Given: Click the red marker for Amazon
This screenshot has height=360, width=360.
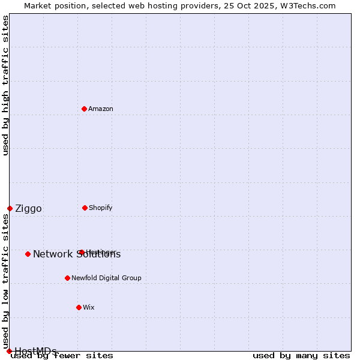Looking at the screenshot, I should click(x=84, y=109).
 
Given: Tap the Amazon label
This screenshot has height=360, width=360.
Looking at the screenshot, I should click(x=101, y=109).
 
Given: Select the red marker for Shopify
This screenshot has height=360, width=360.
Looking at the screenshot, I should click(x=85, y=208).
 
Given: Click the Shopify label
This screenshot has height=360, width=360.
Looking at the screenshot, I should click(x=101, y=208).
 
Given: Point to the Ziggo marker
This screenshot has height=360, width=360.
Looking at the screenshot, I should click(x=10, y=208).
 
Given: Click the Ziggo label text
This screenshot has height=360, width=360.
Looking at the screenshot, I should click(x=28, y=209).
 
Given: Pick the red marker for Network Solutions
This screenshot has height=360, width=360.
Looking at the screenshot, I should click(x=28, y=254).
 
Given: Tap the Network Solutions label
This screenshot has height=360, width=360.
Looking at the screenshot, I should click(x=77, y=254).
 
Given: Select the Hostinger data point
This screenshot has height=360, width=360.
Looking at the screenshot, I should click(x=82, y=252).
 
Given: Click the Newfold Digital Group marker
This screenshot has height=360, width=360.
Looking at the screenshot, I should click(x=67, y=278).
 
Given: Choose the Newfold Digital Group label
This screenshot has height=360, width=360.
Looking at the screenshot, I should click(x=107, y=278).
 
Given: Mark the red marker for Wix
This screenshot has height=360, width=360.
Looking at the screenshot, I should click(x=79, y=307).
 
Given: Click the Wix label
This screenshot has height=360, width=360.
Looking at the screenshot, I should click(x=89, y=307).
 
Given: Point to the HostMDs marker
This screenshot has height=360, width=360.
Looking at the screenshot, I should click(x=9, y=351).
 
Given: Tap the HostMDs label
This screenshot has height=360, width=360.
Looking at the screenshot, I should click(x=35, y=351).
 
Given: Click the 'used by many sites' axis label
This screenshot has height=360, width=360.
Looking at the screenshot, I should click(x=301, y=355).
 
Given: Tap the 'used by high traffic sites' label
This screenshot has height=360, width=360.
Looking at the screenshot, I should click(x=6, y=85).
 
